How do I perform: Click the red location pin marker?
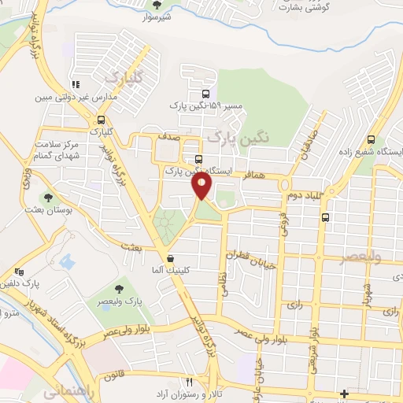pos(203,186)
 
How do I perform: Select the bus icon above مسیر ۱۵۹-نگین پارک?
pos(196,93)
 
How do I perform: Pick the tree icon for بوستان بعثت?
pos(49,198)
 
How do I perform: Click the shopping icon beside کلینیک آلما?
pos(170,258)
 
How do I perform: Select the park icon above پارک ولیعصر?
pos(120,289)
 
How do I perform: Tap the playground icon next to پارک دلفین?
pos(18,272)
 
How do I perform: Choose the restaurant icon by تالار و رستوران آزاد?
pos(188,381)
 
